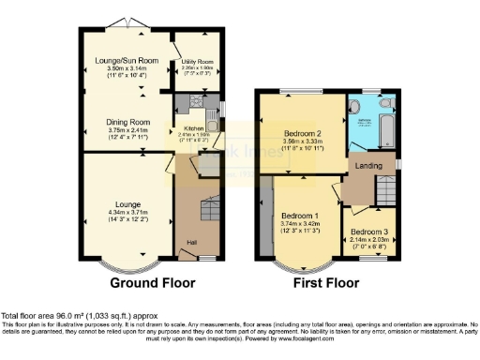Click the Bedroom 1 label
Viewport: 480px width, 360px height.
click(x=300, y=216)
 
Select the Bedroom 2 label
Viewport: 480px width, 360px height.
click(x=302, y=134)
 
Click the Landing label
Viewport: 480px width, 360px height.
click(x=365, y=166)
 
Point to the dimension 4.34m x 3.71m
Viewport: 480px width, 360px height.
click(x=128, y=212)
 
